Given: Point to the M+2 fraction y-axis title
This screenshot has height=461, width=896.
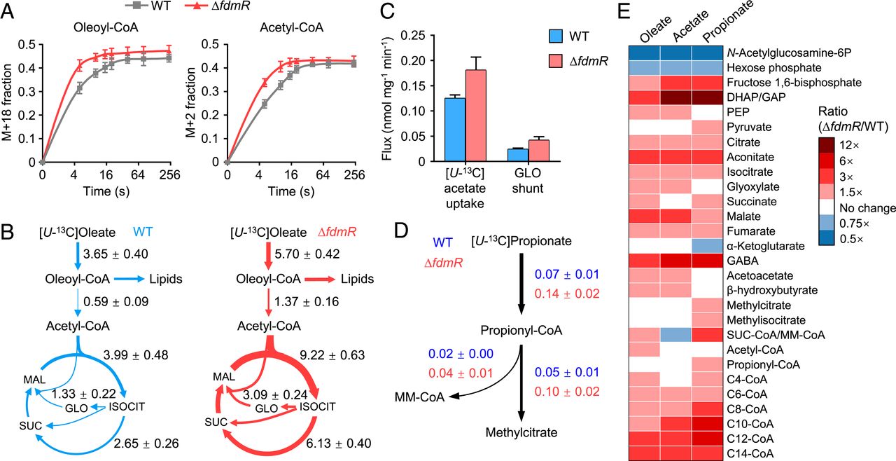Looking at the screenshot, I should [188, 102].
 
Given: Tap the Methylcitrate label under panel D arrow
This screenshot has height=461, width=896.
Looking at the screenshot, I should [521, 432].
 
